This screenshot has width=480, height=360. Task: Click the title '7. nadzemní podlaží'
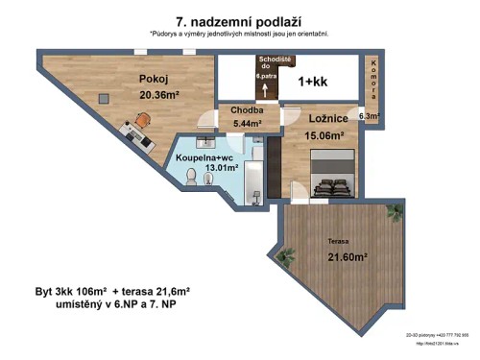238,20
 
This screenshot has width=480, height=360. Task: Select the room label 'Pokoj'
154,80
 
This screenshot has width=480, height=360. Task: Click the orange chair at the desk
142,120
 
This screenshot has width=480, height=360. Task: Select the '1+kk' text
312,82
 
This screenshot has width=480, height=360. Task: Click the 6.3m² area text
370,116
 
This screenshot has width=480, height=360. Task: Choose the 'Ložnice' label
328,118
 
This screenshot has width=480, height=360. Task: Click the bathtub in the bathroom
253,179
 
